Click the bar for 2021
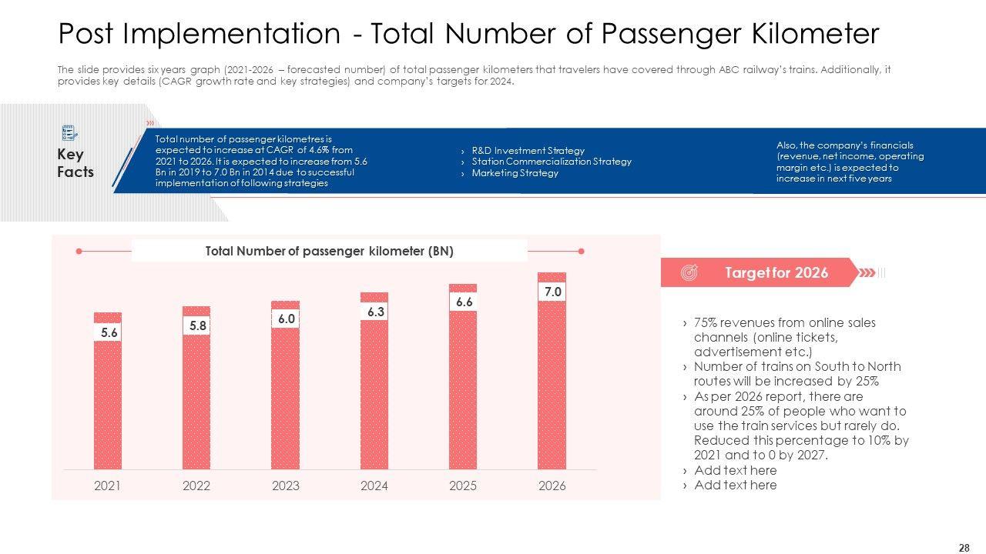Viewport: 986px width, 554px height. (x=108, y=400)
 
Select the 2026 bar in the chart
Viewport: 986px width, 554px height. (x=552, y=385)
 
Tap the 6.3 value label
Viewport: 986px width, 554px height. (x=375, y=312)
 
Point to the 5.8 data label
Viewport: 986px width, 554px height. (x=198, y=325)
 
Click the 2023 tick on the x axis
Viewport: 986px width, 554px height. (x=286, y=486)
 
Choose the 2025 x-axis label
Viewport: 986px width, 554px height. (x=463, y=486)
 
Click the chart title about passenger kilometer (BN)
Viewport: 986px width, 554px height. (x=329, y=251)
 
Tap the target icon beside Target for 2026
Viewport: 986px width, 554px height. (x=689, y=272)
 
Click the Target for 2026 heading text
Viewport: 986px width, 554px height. (x=776, y=272)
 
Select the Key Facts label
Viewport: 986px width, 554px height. (x=75, y=163)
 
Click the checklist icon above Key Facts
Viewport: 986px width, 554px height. (x=69, y=132)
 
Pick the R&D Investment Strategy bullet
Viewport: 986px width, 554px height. (x=528, y=151)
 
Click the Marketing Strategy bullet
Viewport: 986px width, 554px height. (x=515, y=173)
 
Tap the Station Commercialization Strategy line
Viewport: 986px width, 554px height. (x=552, y=162)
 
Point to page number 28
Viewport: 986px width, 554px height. (x=964, y=548)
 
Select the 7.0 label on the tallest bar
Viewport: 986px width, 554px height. (x=552, y=292)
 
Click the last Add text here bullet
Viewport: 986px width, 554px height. (x=735, y=485)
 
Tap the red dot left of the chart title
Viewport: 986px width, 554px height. (x=79, y=251)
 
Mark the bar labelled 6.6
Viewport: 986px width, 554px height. (x=463, y=385)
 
